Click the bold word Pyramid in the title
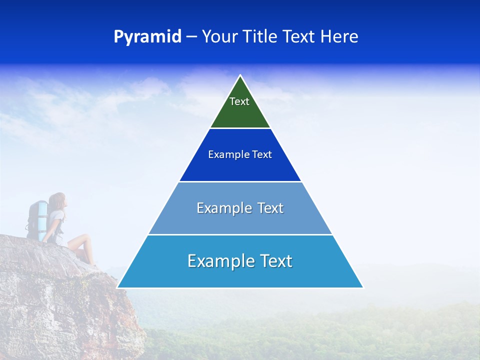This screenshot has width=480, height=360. [147, 37]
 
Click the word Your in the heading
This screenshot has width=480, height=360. [219, 37]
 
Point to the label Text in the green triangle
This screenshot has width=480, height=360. [239, 101]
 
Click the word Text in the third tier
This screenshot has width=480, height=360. [270, 208]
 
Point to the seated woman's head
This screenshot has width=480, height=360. [57, 200]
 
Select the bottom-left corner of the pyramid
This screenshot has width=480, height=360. [118, 287]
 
